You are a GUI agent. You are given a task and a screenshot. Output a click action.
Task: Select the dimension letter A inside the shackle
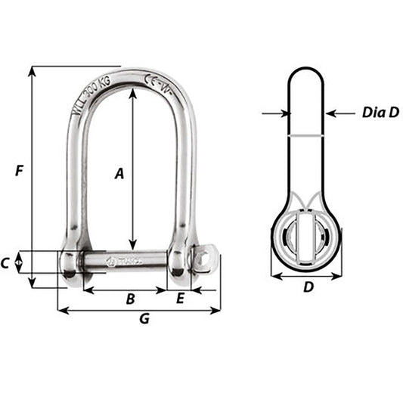tap(119, 175)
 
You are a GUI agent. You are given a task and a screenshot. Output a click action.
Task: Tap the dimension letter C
tap(7, 263)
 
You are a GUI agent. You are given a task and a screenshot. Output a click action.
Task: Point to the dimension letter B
tap(130, 299)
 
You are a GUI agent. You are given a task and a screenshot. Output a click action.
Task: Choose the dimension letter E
tap(180, 299)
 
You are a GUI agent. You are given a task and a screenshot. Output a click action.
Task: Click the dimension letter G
tap(144, 320)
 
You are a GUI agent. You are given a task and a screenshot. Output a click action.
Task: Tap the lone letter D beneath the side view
tap(308, 287)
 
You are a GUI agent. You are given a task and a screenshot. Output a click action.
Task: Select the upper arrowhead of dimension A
tap(133, 93)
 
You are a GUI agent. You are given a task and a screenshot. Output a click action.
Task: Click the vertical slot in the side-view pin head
tap(307, 240)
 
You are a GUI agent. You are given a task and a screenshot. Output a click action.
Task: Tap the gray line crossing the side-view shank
tap(307, 136)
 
